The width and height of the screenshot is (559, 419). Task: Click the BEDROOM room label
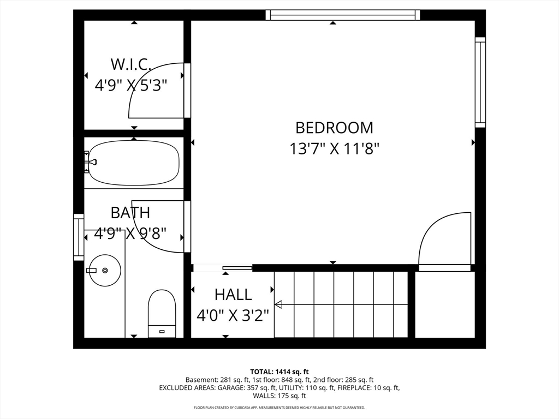click(x=334, y=128)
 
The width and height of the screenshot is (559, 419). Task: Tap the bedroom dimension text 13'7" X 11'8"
click(x=334, y=148)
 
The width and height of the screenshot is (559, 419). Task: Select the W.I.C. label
click(x=131, y=64)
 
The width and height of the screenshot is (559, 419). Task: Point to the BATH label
click(x=130, y=213)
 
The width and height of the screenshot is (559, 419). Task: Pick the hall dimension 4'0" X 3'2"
click(x=233, y=315)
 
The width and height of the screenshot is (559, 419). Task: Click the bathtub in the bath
click(x=134, y=163)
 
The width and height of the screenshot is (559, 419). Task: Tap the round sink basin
click(x=105, y=270)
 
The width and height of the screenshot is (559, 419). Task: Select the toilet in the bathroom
click(x=162, y=313)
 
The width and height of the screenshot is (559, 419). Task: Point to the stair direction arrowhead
click(x=278, y=304)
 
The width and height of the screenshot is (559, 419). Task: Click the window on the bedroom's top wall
click(x=343, y=15)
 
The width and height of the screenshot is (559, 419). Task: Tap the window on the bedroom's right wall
click(x=480, y=82)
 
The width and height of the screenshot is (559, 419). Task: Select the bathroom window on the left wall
click(x=79, y=237)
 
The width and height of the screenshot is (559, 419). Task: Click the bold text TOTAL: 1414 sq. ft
click(x=279, y=372)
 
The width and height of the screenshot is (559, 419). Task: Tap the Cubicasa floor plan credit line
click(x=279, y=408)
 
